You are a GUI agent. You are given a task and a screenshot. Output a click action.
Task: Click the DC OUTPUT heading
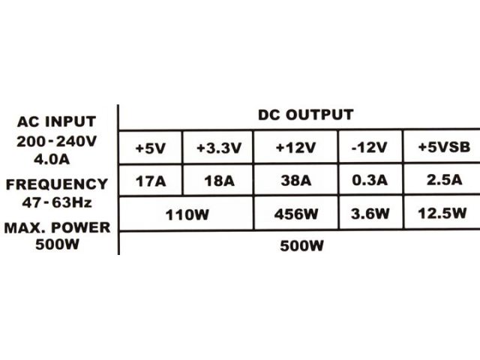[306, 115]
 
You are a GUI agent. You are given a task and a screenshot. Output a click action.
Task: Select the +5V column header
[150, 148]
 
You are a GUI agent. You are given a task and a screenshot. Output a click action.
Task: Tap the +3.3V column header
[219, 148]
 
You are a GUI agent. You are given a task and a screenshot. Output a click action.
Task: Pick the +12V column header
[295, 148]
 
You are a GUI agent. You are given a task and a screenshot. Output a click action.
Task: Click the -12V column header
[370, 148]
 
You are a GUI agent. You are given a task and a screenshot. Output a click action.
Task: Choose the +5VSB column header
[444, 147]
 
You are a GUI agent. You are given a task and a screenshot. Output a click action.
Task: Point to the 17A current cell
[151, 181]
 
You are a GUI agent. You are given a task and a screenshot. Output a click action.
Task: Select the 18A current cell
[220, 181]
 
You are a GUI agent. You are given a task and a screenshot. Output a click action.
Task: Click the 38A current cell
[296, 180]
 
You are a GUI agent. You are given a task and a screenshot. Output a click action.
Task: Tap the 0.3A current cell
[370, 180]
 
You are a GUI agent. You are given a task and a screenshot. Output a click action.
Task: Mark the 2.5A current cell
[445, 180]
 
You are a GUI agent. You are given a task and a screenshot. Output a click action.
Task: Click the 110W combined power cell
[187, 215]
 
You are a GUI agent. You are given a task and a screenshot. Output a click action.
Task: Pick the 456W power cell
[296, 214]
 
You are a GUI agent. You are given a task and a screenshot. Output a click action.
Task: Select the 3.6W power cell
[370, 213]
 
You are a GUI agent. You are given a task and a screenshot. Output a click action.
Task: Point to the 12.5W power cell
[442, 213]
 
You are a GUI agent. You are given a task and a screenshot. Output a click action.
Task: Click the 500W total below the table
[301, 246]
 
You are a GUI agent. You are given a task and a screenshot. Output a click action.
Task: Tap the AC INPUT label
[57, 121]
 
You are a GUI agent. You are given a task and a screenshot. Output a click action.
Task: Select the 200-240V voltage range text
[57, 142]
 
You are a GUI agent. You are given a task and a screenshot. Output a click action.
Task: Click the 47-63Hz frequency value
[57, 202]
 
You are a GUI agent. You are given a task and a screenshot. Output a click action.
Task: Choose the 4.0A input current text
[52, 159]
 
